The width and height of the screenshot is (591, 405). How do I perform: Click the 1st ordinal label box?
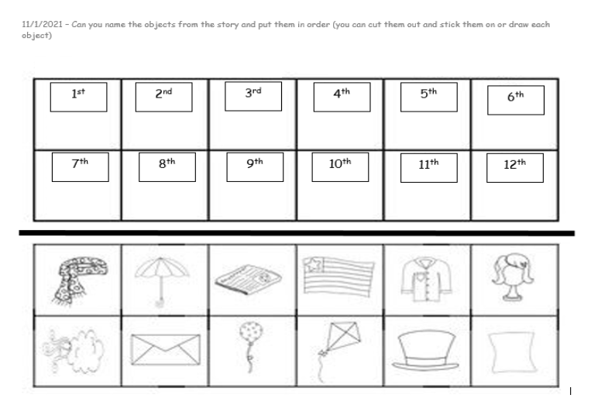(x=78, y=97)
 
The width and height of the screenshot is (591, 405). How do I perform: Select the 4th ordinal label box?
(x=342, y=97)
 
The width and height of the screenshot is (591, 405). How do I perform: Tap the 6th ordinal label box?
(x=516, y=100)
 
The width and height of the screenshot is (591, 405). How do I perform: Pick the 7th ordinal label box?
(x=81, y=167)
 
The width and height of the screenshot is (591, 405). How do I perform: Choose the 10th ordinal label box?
(x=340, y=167)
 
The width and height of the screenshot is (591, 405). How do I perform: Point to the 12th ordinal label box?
(x=515, y=167)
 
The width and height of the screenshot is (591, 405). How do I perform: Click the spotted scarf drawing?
(x=79, y=280)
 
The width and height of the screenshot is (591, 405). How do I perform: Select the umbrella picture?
(x=162, y=281)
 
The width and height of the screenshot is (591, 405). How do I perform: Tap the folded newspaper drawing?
(x=249, y=279)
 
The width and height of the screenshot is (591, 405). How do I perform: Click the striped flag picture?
(x=338, y=276)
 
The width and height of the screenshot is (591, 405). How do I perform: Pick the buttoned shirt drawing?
(x=426, y=280)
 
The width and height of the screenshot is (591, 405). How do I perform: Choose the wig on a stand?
(x=513, y=277)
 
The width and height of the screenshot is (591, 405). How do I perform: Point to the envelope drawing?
(x=166, y=349)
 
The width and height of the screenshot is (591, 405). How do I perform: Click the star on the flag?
(x=314, y=264)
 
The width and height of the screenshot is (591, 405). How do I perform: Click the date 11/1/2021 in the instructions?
(x=42, y=25)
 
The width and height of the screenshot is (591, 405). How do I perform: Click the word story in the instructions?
(x=228, y=25)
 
